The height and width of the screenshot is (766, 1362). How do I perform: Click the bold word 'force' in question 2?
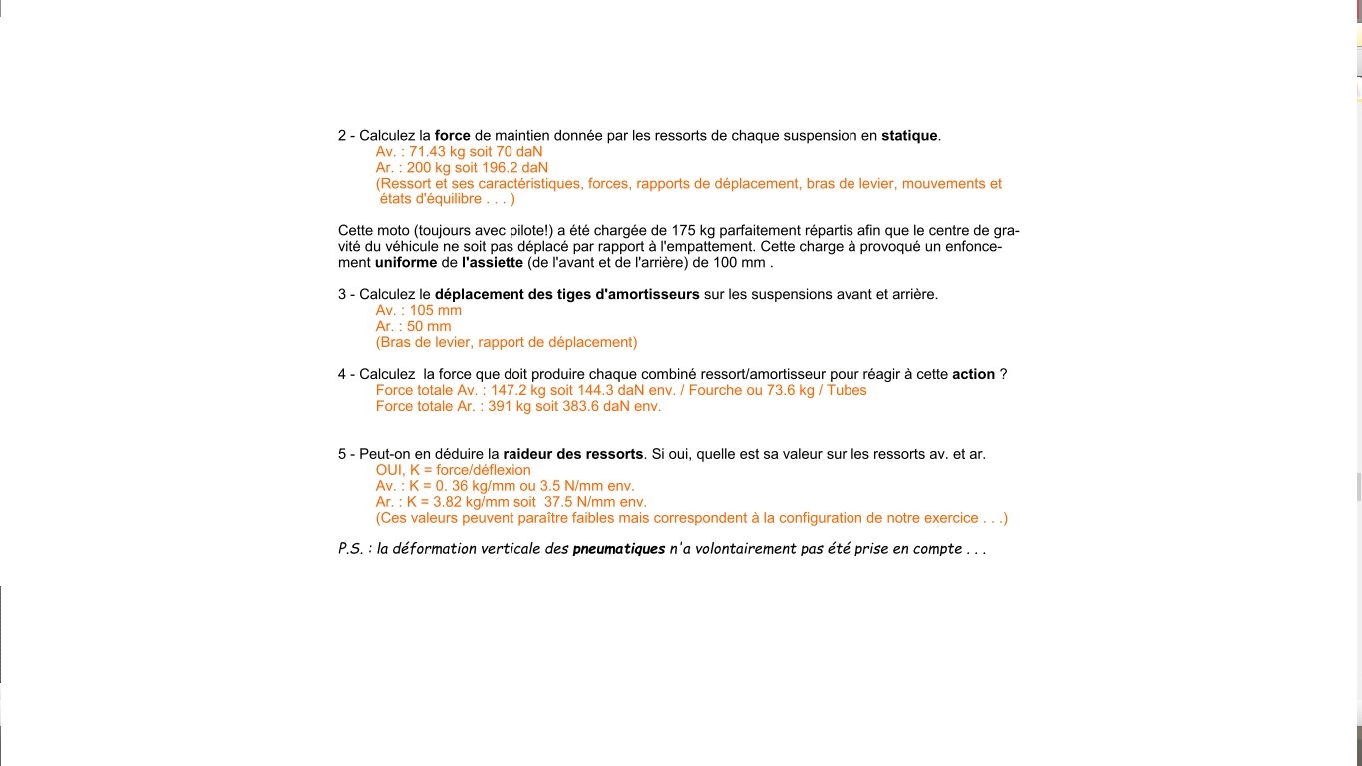point(452,136)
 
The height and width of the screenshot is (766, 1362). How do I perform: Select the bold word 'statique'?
point(909,136)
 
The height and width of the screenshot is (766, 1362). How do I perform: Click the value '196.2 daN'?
point(514,168)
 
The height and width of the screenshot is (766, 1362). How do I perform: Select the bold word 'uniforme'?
point(406,263)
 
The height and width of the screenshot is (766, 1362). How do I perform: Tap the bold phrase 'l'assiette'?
point(492,263)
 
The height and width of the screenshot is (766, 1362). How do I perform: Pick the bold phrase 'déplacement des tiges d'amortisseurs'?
point(566,295)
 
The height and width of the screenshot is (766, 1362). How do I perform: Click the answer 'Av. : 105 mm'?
point(419,311)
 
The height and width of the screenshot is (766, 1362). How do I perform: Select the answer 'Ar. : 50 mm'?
point(413,327)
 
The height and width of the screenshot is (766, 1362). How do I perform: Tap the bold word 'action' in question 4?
point(973,375)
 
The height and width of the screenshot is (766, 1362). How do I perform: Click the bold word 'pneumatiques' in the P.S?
point(618,549)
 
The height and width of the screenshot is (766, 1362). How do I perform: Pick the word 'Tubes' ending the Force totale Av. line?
point(847,391)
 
